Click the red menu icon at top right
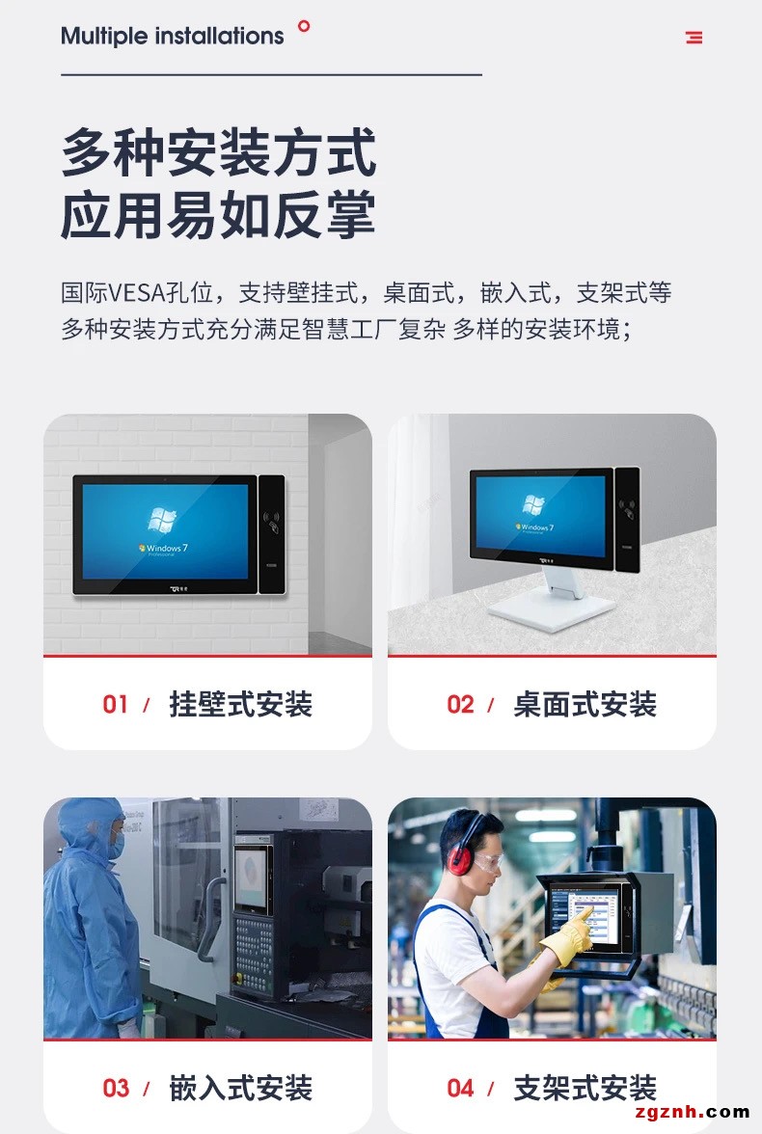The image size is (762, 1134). point(694,37)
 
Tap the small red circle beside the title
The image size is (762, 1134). point(304,26)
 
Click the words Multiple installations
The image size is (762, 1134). point(173,37)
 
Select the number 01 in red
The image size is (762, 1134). point(115,704)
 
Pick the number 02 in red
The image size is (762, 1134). point(460,704)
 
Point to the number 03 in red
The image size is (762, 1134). point(116,1088)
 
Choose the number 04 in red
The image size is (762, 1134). point(460,1088)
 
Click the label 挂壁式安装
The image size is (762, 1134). point(240,704)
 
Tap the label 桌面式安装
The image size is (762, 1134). point(585,704)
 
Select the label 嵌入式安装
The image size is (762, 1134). point(240,1088)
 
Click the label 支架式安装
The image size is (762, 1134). point(585,1088)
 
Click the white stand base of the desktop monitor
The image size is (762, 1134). point(552,611)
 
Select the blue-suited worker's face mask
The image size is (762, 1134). point(115,844)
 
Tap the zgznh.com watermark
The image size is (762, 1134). point(691,1112)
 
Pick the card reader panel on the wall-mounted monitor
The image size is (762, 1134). point(271,535)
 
